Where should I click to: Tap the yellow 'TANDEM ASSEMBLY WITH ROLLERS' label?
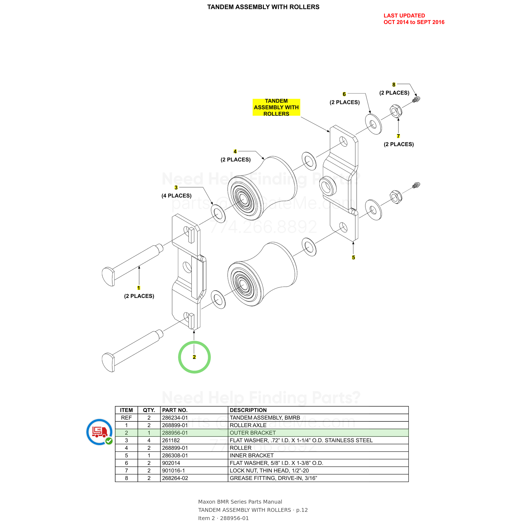pos(276,107)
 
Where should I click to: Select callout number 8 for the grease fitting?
pos(394,85)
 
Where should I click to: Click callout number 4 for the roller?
pos(235,151)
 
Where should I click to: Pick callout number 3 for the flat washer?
pos(176,187)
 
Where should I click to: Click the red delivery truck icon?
pos(99,432)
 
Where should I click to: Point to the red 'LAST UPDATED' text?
pos(404,16)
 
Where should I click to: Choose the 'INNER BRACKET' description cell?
pos(318,455)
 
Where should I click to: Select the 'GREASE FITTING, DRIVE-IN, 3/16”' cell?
pos(318,478)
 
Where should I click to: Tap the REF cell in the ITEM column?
pos(126,418)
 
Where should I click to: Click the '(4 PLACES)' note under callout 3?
pos(176,196)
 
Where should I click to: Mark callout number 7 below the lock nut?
pos(398,136)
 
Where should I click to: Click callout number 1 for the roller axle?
pos(138,288)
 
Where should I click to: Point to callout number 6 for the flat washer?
pos(344,94)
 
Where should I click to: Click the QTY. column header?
pos(149,410)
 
